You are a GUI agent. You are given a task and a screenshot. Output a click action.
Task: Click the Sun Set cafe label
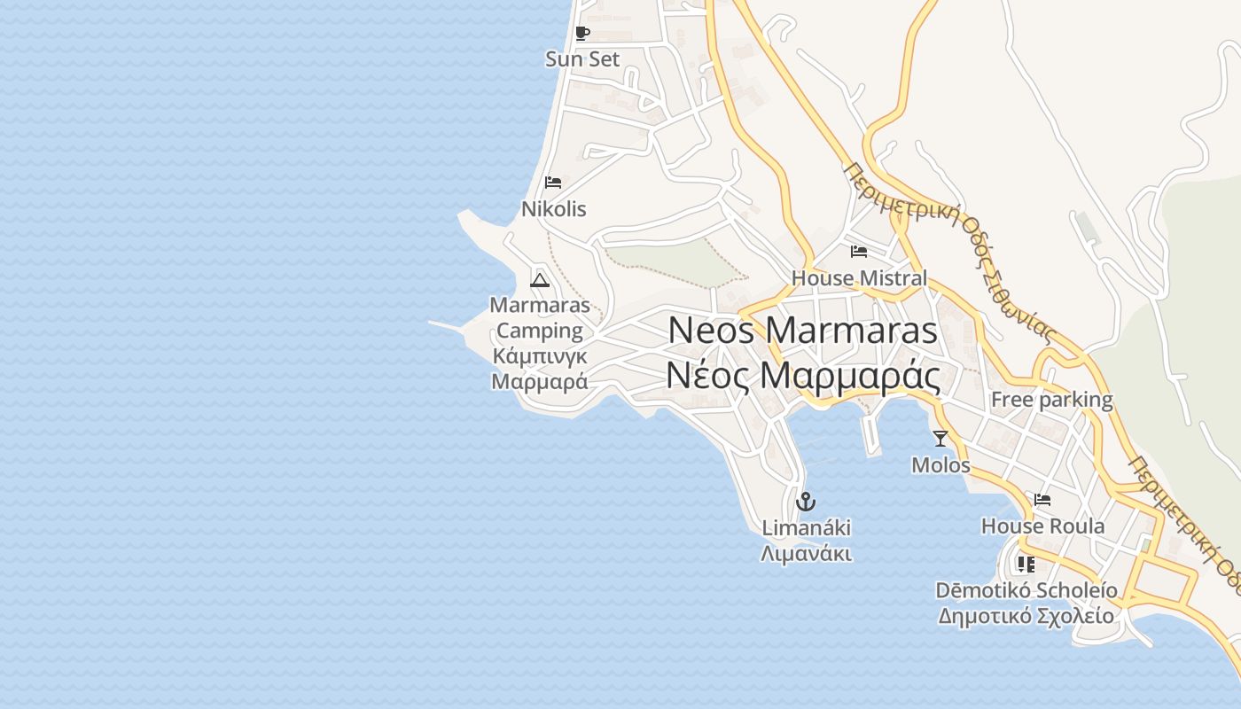tap(582, 59)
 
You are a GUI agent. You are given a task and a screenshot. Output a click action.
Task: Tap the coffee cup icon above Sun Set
tap(581, 34)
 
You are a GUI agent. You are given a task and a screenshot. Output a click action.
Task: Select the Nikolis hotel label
tap(553, 209)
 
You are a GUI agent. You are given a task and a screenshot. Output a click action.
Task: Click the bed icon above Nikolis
tap(553, 183)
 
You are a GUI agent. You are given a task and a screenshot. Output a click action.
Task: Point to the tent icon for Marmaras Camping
tap(540, 280)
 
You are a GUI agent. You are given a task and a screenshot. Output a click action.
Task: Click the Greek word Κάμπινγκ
tap(539, 356)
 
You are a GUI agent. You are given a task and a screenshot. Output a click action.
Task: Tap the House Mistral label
tap(858, 278)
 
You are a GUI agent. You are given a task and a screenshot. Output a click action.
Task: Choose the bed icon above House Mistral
tap(858, 252)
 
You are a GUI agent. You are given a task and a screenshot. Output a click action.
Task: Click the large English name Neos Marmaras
tap(802, 331)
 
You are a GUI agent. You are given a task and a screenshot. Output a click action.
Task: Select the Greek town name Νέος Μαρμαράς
tap(802, 377)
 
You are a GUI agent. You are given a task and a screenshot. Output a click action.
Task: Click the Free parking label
tap(1051, 400)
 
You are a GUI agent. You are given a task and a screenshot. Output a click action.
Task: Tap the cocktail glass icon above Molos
tap(941, 438)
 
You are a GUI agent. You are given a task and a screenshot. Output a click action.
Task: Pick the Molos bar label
tap(941, 465)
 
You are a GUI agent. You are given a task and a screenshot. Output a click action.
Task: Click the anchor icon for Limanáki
tap(806, 502)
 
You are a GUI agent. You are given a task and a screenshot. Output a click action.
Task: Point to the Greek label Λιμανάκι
tap(806, 555)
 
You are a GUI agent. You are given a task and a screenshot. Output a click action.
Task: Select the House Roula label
tap(1042, 526)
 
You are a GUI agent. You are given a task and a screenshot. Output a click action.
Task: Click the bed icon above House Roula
tap(1042, 500)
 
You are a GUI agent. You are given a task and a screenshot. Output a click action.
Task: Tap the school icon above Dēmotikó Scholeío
tap(1026, 564)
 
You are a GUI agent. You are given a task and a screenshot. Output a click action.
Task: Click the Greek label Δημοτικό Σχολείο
tap(1026, 616)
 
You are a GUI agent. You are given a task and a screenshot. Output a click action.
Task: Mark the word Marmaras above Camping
tap(539, 306)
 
